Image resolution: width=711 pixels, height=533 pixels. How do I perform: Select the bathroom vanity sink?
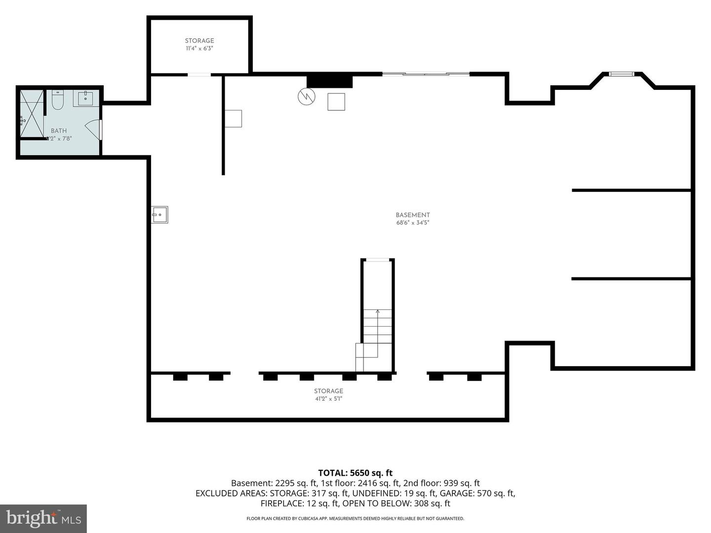(86, 98)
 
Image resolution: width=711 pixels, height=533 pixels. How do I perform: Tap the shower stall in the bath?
(32, 114)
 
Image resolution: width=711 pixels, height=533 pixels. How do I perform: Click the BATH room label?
(59, 131)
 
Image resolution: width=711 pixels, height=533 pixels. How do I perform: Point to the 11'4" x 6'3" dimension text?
(199, 48)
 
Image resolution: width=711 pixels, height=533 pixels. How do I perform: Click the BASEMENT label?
(413, 215)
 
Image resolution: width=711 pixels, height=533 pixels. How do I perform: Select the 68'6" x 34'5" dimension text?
(413, 223)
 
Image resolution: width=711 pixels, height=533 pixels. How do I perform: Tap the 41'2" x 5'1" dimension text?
(329, 399)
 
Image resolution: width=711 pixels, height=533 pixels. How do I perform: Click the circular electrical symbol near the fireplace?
(307, 96)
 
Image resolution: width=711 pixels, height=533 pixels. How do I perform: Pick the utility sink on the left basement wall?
(159, 215)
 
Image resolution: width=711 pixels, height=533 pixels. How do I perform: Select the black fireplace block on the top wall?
(329, 81)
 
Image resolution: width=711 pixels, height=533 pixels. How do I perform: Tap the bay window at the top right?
(621, 74)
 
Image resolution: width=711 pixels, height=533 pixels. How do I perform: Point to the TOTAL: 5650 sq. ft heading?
(355, 473)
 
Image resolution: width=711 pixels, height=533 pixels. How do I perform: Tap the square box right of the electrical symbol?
(336, 102)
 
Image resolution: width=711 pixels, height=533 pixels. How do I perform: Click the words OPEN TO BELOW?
(378, 503)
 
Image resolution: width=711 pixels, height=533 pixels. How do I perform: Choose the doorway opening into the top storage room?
(199, 75)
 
